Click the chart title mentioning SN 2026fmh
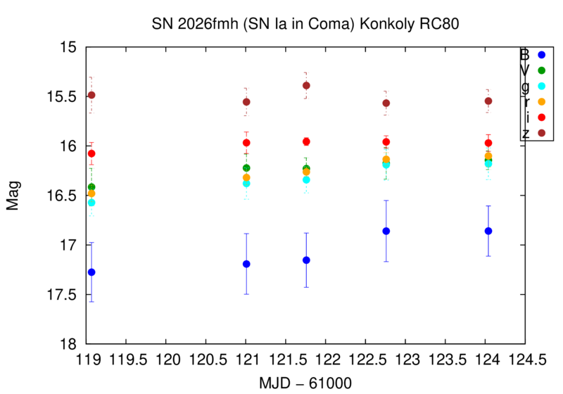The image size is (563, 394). (x=305, y=24)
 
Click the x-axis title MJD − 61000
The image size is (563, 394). (x=305, y=381)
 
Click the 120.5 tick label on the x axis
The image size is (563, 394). (x=206, y=360)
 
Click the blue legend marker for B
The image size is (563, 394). (x=542, y=55)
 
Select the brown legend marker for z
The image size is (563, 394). (x=542, y=132)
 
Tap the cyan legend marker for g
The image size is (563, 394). (x=542, y=86)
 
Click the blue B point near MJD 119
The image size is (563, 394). (x=91, y=272)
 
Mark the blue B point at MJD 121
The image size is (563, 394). (x=246, y=264)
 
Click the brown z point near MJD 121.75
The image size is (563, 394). (x=306, y=86)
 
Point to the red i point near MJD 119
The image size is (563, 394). (x=91, y=153)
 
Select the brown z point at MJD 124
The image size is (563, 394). (x=488, y=101)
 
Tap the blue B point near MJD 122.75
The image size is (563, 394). (x=386, y=231)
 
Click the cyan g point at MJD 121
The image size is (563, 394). (x=246, y=183)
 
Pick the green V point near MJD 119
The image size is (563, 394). (x=91, y=186)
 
